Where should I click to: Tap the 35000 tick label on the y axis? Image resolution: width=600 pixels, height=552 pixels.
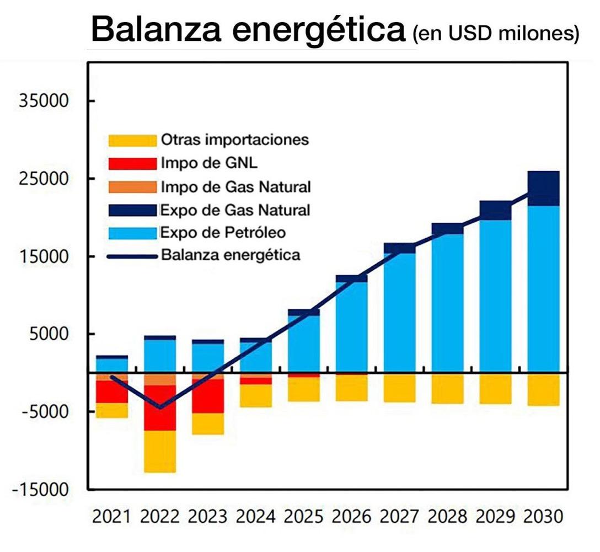43,101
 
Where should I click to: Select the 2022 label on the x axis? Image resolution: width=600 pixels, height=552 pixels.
160,517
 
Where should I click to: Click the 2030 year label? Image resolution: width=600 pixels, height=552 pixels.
543,517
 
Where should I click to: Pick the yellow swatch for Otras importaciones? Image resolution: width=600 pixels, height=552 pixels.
132,140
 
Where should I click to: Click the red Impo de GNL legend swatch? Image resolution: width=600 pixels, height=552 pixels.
132,164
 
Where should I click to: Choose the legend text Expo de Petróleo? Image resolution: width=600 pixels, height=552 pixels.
223,232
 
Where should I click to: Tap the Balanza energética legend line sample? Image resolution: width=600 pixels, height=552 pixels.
132,256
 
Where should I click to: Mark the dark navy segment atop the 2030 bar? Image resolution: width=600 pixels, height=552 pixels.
543,188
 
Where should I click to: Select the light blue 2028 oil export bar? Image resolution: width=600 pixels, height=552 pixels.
447,303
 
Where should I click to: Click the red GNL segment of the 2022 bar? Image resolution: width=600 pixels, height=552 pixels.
160,408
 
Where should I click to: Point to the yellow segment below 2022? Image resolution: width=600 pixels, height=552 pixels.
160,451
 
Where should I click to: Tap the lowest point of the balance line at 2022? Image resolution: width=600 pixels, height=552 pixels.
160,408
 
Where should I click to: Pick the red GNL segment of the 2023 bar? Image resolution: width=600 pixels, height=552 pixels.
208,396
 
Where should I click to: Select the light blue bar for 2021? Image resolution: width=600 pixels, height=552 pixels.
112,365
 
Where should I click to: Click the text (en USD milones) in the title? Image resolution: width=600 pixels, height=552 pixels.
495,34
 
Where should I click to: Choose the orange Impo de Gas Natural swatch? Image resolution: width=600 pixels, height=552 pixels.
132,187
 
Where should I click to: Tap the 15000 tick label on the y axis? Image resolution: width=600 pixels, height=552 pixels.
43,257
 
